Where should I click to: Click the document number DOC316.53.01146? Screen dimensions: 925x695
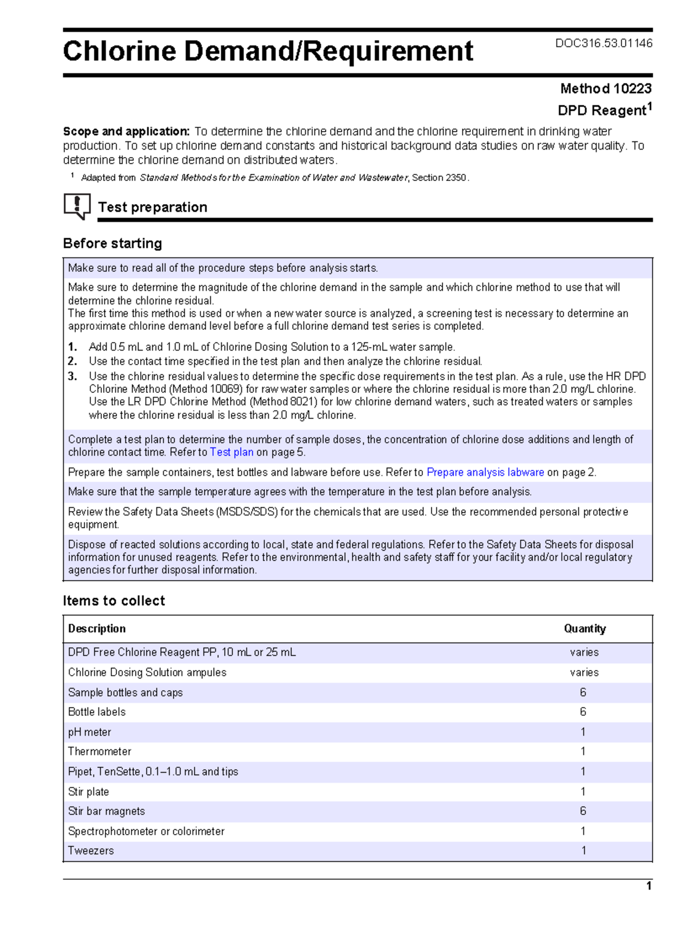(603, 43)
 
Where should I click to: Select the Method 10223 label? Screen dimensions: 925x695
(605, 89)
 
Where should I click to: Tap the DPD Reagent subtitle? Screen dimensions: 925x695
(604, 110)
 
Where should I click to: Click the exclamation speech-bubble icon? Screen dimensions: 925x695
(77, 206)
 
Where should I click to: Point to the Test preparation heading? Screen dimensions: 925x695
(153, 207)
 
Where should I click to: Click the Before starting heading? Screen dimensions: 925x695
(112, 243)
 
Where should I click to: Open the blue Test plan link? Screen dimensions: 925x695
(231, 452)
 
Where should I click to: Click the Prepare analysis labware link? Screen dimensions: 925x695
(485, 472)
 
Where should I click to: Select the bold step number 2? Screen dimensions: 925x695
(72, 361)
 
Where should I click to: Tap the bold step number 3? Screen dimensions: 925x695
(72, 376)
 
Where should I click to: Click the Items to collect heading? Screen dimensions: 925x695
(114, 601)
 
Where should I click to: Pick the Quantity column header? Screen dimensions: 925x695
(584, 629)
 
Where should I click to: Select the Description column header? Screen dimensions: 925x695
(97, 629)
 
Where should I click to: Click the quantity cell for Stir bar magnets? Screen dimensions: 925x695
(583, 811)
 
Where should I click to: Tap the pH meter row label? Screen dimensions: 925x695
(89, 732)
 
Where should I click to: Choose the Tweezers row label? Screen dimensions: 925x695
(91, 851)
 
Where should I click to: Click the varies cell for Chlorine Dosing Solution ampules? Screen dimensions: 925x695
(584, 672)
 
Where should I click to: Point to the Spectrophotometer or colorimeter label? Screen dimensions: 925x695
(146, 831)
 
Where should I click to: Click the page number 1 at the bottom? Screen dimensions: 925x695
(649, 886)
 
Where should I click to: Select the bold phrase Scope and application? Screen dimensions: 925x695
(126, 132)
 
